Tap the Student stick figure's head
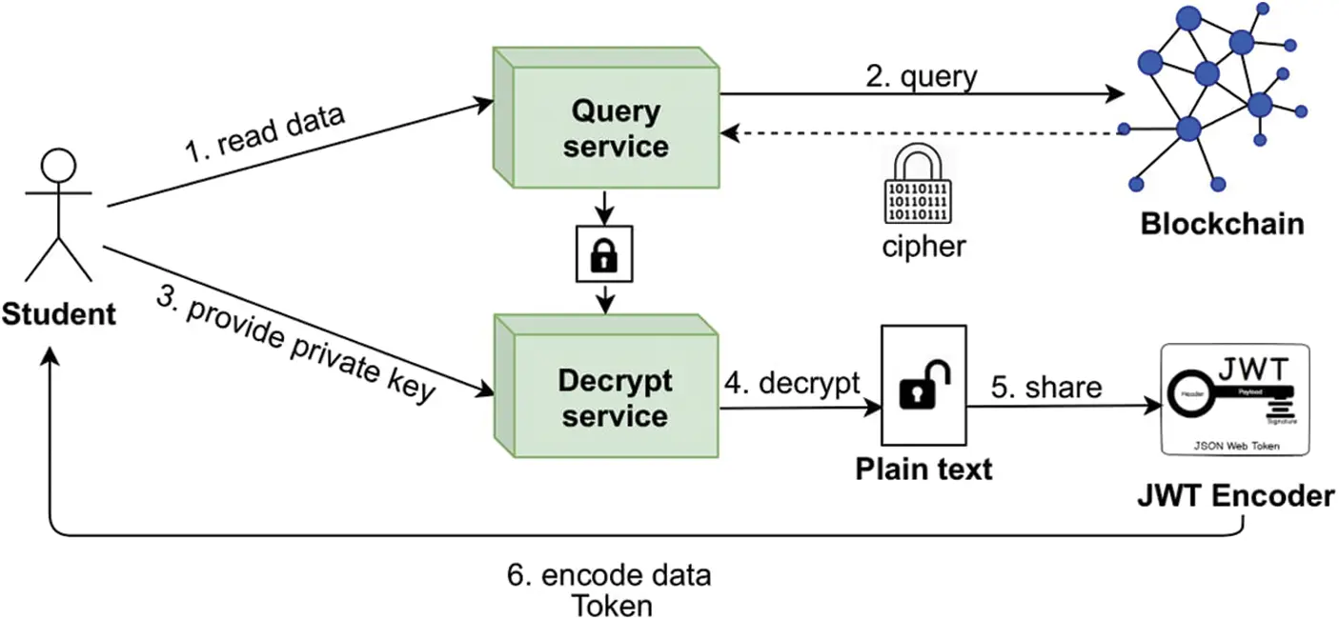tap(56, 166)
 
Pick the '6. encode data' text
tap(608, 576)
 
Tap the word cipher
tap(923, 246)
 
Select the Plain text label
tap(923, 469)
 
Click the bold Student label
tap(58, 312)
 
